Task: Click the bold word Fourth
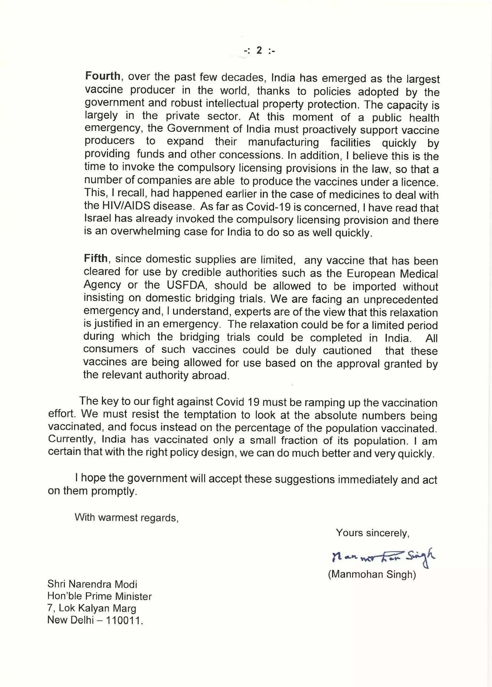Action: [103, 76]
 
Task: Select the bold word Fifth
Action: [96, 258]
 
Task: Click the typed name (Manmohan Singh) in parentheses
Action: [372, 574]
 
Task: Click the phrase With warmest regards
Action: [127, 517]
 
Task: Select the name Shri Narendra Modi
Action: [92, 584]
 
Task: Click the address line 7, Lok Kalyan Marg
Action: [92, 608]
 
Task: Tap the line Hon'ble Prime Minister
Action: [99, 596]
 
